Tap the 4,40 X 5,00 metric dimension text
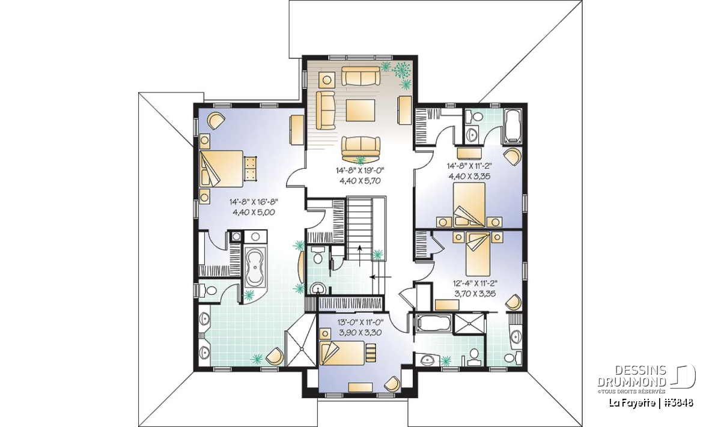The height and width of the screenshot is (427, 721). [x=254, y=213]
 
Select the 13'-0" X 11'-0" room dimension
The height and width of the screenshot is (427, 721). [x=360, y=322]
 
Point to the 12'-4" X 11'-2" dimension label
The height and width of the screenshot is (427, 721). [x=475, y=283]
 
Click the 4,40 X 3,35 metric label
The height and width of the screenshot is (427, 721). [x=470, y=176]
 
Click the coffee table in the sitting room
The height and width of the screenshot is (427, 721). [x=360, y=111]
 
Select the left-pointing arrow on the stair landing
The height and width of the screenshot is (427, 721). [x=381, y=276]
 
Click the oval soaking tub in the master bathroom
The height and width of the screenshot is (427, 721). [x=254, y=268]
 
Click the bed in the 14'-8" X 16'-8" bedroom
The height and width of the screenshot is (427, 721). [x=221, y=169]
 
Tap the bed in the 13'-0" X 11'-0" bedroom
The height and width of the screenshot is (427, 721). [x=342, y=353]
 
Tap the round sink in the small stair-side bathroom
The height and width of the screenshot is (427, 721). [x=318, y=289]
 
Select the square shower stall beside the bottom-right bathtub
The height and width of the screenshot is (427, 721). [x=469, y=325]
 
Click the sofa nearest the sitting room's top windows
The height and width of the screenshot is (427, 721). [x=360, y=76]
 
